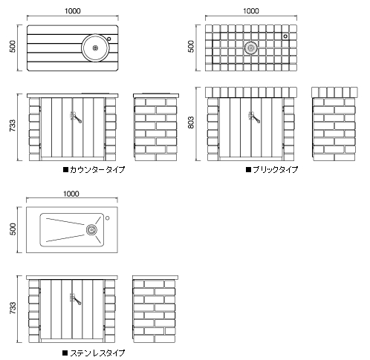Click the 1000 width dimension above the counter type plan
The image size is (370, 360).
(73, 11)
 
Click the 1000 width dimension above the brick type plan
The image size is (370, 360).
(251, 11)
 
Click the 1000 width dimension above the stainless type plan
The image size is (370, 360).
(71, 194)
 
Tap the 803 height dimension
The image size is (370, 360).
(191, 122)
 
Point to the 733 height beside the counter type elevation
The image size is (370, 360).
(13, 125)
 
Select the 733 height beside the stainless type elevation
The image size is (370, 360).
(13, 308)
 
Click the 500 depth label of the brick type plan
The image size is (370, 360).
(191, 47)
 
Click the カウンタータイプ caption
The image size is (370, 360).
(97, 170)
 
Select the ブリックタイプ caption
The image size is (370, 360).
(275, 170)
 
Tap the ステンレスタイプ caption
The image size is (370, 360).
(97, 353)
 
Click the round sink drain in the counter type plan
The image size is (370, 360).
(95, 48)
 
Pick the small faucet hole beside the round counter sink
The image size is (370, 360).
(108, 39)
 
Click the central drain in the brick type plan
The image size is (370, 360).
(251, 48)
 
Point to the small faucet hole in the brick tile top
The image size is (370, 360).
(285, 36)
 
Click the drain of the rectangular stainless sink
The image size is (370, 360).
(91, 230)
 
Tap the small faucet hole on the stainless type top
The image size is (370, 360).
(107, 218)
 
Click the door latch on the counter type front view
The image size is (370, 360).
(75, 117)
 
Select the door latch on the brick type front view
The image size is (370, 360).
(254, 117)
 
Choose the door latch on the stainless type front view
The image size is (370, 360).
(75, 299)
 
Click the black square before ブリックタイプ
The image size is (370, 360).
(248, 170)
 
